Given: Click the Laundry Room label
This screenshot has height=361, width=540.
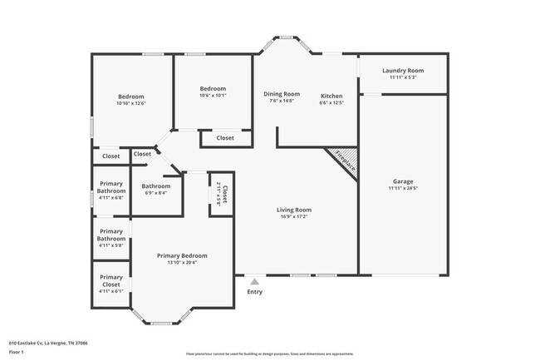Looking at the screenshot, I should click(x=403, y=71).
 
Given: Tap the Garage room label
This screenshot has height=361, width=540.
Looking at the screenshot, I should click(x=403, y=181).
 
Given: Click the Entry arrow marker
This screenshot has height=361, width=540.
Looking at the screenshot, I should click(x=254, y=282).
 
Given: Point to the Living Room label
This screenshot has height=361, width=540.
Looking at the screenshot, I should click(x=294, y=210).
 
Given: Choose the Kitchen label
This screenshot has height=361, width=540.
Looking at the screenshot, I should click(x=331, y=95).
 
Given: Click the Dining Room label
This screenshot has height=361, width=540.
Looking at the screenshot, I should click(x=282, y=94).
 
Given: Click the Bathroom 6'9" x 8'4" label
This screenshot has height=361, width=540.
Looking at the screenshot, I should click(x=155, y=185).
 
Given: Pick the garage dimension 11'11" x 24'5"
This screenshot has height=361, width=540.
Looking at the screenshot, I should click(x=403, y=188).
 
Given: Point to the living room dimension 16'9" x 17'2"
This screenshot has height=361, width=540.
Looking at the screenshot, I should click(x=294, y=216).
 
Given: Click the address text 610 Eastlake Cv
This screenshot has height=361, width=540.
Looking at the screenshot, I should click(x=49, y=342).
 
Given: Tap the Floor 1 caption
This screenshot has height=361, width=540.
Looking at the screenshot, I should click(x=17, y=352).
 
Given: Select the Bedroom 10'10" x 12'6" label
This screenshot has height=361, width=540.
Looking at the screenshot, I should click(x=130, y=96).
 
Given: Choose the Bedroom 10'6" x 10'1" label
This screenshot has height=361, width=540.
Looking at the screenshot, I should click(x=213, y=88).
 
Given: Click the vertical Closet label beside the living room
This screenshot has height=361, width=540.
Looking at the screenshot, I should click(x=224, y=195).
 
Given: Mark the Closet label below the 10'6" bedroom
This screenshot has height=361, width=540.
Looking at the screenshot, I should click(x=225, y=138).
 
